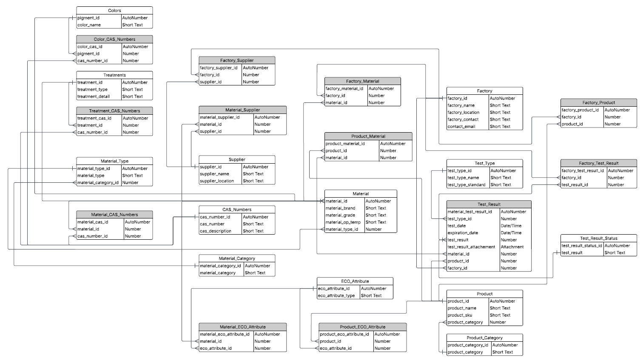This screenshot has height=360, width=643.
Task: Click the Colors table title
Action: click(114, 10)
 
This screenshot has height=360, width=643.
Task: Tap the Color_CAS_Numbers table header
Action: click(114, 39)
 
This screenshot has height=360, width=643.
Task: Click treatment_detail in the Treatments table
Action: click(94, 96)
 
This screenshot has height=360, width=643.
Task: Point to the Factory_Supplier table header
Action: click(237, 60)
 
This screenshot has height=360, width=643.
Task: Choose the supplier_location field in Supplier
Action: click(217, 181)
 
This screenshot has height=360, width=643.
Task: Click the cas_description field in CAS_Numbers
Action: click(216, 231)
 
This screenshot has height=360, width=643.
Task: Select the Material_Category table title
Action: click(237, 258)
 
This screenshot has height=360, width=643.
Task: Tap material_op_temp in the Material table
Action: click(343, 222)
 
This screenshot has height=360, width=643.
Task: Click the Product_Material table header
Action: click(368, 136)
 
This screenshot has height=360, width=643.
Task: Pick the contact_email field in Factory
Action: click(461, 127)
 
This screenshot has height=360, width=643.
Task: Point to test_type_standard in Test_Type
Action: click(467, 185)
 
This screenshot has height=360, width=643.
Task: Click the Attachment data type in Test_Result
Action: click(512, 247)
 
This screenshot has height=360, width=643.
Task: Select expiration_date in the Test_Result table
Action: click(463, 233)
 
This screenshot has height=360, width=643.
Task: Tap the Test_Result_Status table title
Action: click(598, 238)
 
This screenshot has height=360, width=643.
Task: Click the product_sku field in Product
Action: click(460, 315)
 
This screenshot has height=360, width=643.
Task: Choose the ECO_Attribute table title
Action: click(355, 281)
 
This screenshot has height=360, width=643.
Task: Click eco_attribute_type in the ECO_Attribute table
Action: click(336, 296)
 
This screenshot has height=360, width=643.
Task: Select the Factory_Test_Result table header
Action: click(598, 163)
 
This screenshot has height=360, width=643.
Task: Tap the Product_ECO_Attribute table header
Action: click(362, 327)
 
